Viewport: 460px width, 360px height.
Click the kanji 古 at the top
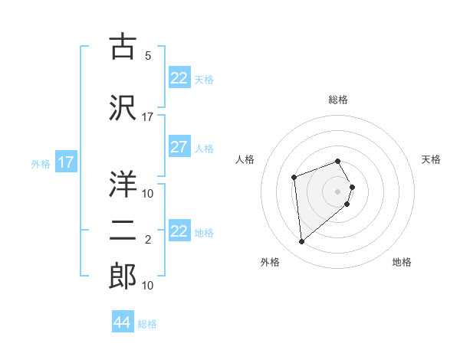pos(123,47)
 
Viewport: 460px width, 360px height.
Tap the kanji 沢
pos(123,107)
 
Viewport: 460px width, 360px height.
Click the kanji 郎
pos(123,277)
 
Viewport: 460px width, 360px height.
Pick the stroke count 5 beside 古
pos(147,56)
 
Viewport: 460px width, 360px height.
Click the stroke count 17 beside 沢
pos(148,117)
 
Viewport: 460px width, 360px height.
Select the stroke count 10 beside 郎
pos(148,286)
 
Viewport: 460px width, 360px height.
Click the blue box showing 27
pos(179,147)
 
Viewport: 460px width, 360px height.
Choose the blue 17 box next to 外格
pos(65,162)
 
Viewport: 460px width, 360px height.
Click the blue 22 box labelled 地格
pos(179,232)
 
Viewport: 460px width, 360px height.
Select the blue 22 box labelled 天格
pos(179,78)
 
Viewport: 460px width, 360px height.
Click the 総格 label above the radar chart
pos(337,100)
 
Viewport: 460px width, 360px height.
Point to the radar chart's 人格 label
pos(245,159)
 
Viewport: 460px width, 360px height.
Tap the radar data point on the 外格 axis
pos(302,242)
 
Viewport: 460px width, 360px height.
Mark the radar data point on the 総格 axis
pos(337,161)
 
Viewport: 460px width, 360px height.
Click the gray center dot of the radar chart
pos(337,191)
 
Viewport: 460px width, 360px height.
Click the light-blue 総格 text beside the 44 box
pos(147,324)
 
